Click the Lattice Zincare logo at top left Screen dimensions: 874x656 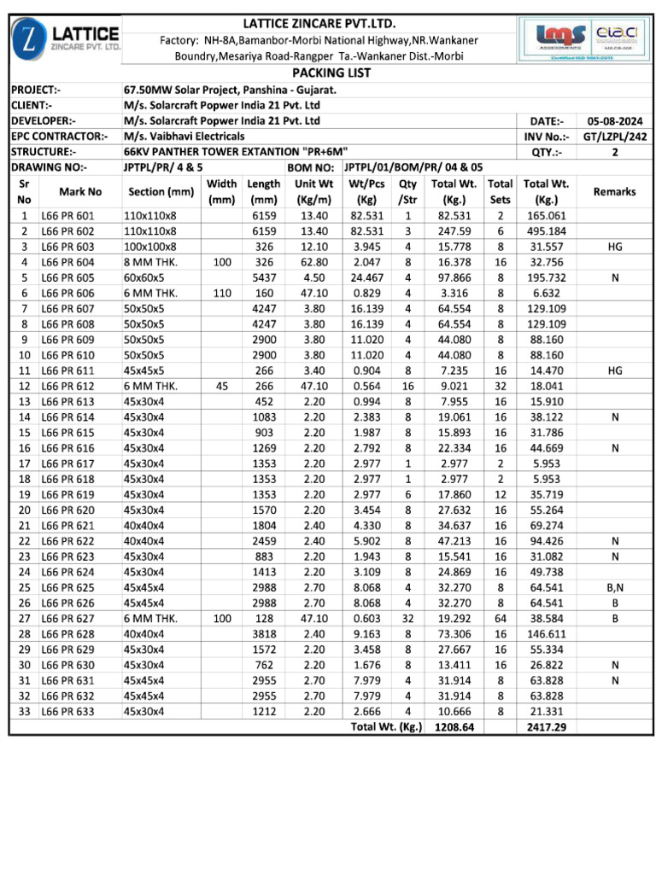pos(67,38)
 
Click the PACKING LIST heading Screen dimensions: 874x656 pos(332,73)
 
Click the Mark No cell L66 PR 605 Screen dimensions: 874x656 pos(69,277)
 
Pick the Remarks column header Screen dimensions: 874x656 pos(614,192)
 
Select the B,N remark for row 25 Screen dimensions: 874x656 pos(614,588)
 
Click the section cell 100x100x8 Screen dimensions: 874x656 pos(150,247)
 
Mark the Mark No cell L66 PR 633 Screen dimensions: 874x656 pos(69,711)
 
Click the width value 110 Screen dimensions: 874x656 pos(221,293)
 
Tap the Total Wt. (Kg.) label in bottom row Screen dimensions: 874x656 pos(387,727)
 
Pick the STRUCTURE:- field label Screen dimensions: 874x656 pos(41,152)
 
